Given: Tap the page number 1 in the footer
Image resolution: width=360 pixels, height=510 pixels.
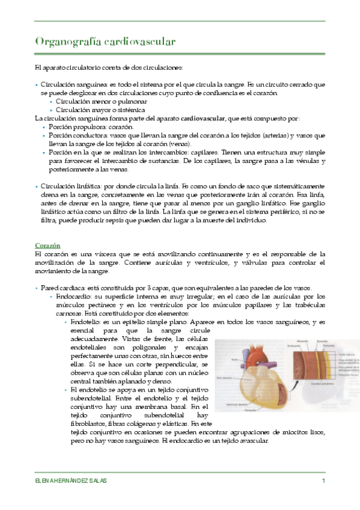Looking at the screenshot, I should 323,482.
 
